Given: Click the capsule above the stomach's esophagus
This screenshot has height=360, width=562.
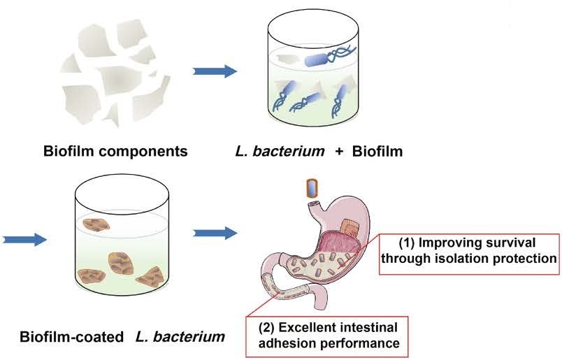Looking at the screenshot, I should click(x=312, y=187).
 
